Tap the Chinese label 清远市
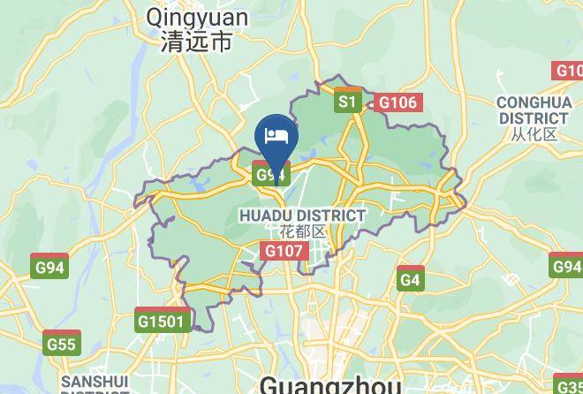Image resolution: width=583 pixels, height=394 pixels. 197,41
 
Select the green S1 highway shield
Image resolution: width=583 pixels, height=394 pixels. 347,102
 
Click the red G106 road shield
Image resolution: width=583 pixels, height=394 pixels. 397,103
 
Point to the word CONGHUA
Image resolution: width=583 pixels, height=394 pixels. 534,102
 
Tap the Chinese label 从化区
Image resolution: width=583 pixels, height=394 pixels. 534,134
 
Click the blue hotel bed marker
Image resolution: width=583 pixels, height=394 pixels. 276,137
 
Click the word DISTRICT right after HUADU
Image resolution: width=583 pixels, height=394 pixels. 331,216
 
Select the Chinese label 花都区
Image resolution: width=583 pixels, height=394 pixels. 302,231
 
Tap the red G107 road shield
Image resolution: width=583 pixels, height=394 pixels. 284,252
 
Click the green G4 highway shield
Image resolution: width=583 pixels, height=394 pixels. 410,280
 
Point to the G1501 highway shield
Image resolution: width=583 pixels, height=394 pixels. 163,322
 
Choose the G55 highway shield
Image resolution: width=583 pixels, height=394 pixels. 62,345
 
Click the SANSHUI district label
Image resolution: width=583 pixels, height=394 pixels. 95,382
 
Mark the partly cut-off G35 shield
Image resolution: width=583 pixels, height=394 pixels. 569,385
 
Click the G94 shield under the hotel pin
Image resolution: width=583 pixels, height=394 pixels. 270,175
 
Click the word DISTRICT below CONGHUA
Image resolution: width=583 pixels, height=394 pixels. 534,117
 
